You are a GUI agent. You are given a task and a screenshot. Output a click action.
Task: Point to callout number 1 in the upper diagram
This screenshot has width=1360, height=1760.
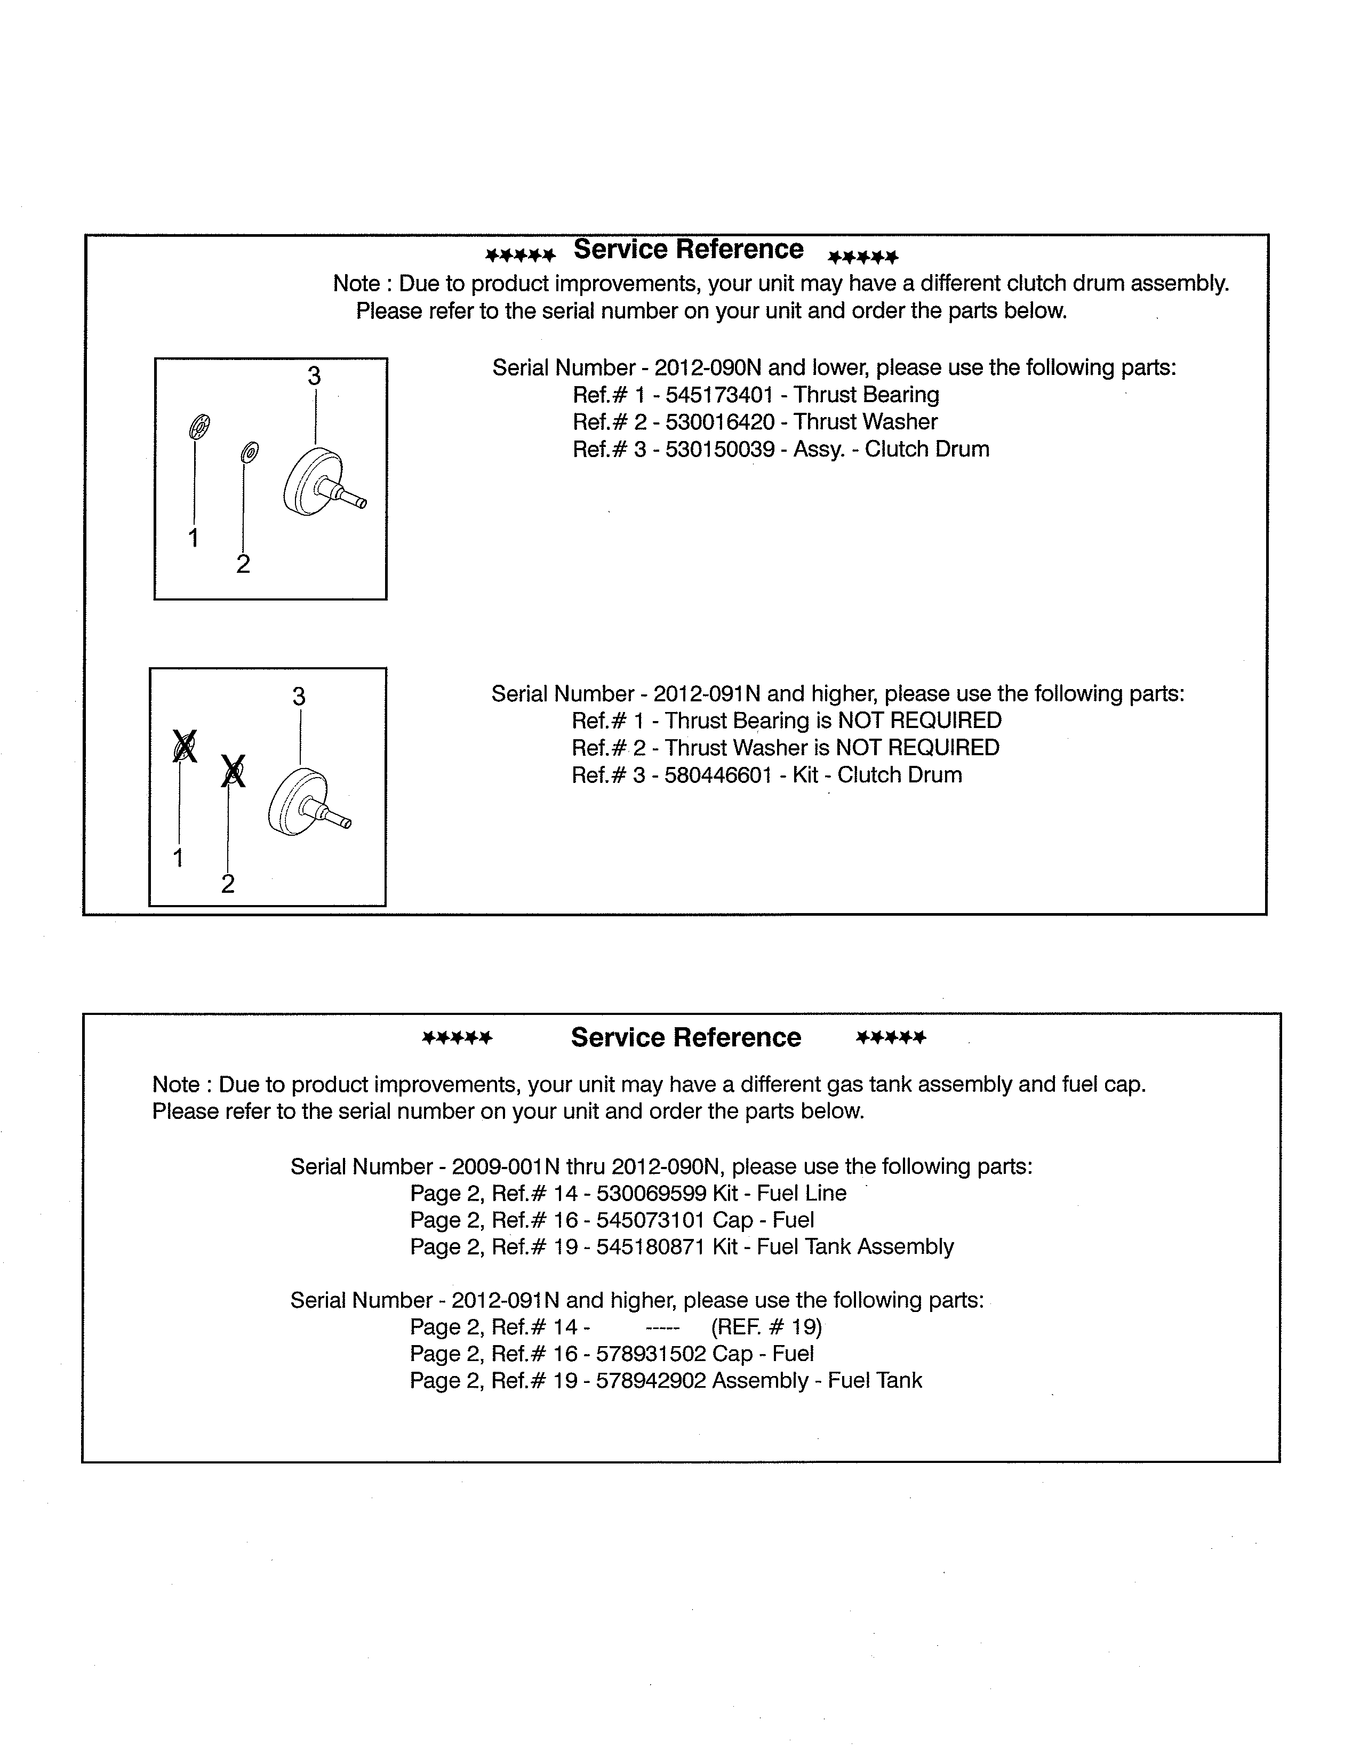click(x=194, y=538)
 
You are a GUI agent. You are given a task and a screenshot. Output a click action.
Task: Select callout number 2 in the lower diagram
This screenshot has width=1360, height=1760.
click(x=228, y=884)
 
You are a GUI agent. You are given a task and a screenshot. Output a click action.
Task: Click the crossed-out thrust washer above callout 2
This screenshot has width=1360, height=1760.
click(x=233, y=772)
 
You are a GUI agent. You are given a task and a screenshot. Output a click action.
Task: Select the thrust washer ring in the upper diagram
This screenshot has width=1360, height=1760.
click(x=250, y=453)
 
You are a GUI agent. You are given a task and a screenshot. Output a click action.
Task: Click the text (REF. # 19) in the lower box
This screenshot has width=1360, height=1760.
click(x=766, y=1327)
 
